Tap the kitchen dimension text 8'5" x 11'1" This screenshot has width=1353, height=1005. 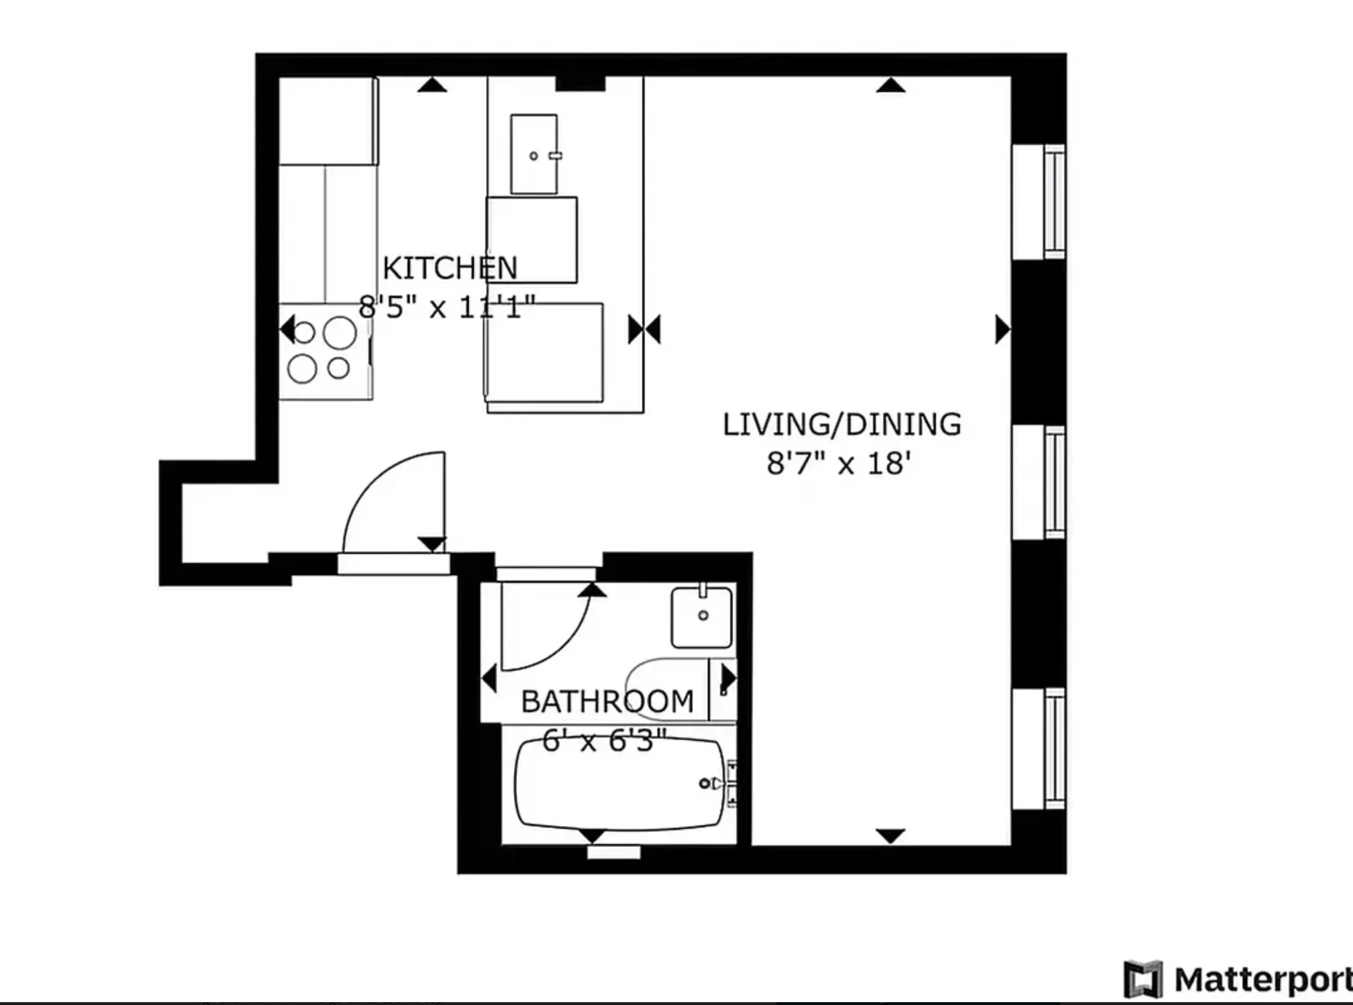click(447, 307)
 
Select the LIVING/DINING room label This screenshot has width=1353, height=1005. click(842, 425)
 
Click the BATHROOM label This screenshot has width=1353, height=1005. click(608, 701)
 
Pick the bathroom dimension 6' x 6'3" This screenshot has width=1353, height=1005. click(604, 741)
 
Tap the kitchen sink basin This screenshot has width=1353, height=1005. click(534, 155)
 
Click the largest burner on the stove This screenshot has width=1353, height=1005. click(339, 333)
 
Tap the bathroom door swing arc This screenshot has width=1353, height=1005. click(560, 645)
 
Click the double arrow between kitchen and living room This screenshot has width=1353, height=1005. click(644, 330)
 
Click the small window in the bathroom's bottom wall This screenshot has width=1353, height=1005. click(614, 852)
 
